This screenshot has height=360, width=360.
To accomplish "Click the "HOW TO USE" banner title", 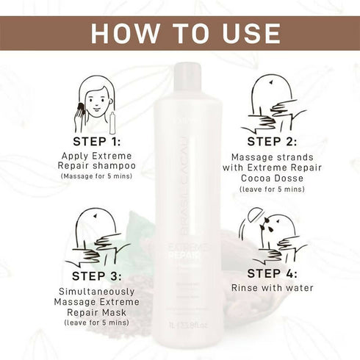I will tap(180, 34).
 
